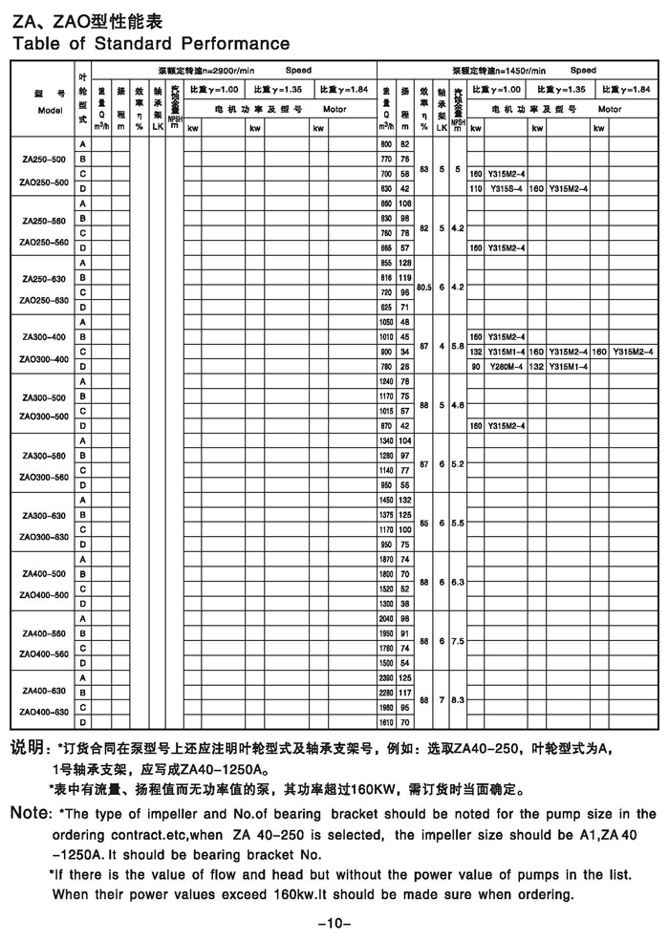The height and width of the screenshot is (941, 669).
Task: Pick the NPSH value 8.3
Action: point(458,699)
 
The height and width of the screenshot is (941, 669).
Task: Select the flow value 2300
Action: point(387,677)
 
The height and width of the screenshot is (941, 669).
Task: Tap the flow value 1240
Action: point(387,381)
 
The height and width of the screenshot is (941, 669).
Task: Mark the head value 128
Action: point(404,263)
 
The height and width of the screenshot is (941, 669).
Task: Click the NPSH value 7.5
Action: point(458,640)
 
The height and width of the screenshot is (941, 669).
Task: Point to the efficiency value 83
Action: point(423,167)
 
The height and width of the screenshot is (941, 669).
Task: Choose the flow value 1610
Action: point(387,723)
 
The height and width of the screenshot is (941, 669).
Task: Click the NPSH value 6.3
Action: point(458,581)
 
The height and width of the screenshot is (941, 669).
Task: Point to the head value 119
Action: point(404,277)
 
